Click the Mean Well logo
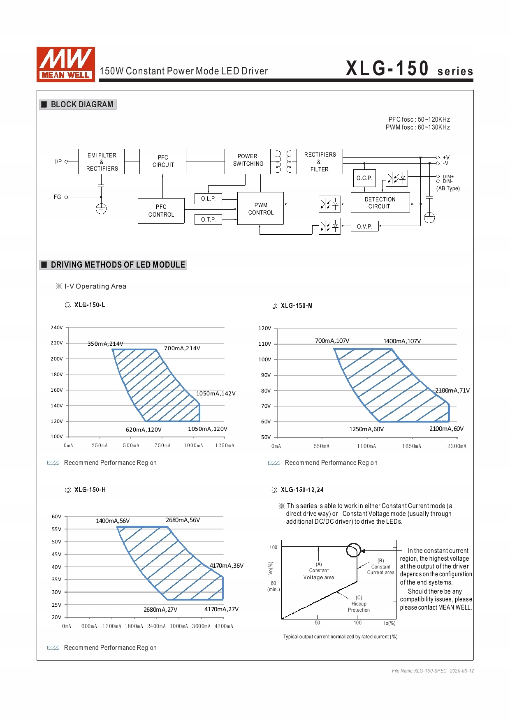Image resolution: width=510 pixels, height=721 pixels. (x=66, y=64)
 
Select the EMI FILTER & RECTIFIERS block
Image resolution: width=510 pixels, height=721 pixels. (x=101, y=162)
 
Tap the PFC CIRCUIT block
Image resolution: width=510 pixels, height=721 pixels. (x=163, y=161)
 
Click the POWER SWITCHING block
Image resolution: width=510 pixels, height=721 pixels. (x=248, y=161)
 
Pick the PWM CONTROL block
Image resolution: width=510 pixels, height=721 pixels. (x=261, y=208)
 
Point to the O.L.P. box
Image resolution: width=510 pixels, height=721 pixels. (x=208, y=199)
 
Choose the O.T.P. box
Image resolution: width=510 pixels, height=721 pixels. (x=208, y=220)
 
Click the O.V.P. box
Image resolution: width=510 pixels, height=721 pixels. (x=364, y=226)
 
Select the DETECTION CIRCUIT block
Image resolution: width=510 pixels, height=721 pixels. (x=380, y=203)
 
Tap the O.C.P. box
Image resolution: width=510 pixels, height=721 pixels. (x=364, y=178)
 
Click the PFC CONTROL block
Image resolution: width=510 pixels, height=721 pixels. (x=161, y=211)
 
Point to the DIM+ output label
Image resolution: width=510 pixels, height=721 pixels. (x=448, y=177)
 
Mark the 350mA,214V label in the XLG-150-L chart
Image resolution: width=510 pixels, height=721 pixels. (x=105, y=344)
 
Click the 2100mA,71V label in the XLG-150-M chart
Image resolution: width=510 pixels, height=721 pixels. (x=452, y=391)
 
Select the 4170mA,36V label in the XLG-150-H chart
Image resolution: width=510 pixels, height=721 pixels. (x=227, y=566)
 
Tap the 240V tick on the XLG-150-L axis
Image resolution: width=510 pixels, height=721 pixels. (x=57, y=328)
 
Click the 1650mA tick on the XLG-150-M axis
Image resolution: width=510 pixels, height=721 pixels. (x=412, y=446)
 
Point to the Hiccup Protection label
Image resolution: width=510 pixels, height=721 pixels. (x=359, y=607)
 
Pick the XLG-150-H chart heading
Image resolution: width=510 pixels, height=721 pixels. (x=90, y=490)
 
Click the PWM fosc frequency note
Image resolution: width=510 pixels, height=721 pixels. (x=417, y=127)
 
